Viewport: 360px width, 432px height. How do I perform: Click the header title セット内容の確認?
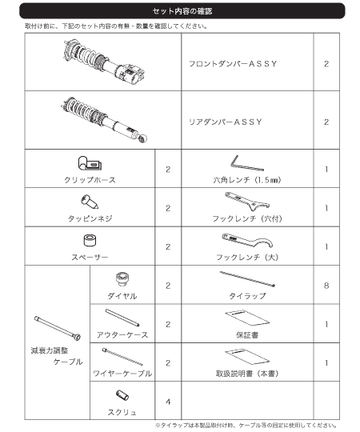pyautogui.click(x=182, y=11)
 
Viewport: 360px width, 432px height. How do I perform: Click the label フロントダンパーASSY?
pyautogui.click(x=233, y=64)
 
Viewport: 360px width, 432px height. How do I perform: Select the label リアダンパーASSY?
pyautogui.click(x=226, y=122)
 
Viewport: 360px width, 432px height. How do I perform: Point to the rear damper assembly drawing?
pyautogui.click(x=103, y=119)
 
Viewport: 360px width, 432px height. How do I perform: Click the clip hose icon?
pyautogui.click(x=90, y=163)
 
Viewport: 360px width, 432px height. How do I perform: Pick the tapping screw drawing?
pyautogui.click(x=90, y=202)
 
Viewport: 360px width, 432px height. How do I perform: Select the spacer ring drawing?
pyautogui.click(x=90, y=240)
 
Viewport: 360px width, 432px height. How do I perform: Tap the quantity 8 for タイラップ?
pyautogui.click(x=326, y=286)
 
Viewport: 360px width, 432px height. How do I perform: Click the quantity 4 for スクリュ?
pyautogui.click(x=168, y=402)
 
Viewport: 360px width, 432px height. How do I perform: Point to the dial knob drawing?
pyautogui.click(x=122, y=279)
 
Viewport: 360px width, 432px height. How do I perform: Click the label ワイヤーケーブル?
pyautogui.click(x=122, y=374)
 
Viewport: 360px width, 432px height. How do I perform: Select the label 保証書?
pyautogui.click(x=247, y=335)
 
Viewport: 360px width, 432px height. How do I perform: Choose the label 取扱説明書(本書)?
pyautogui.click(x=247, y=374)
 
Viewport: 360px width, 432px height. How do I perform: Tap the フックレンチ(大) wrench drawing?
pyautogui.click(x=247, y=240)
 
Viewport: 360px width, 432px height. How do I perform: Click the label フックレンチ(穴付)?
pyautogui.click(x=247, y=218)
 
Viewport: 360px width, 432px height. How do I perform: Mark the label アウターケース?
pyautogui.click(x=122, y=335)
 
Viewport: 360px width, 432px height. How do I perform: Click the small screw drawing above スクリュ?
pyautogui.click(x=122, y=395)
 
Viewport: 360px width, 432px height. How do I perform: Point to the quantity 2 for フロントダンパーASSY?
pyautogui.click(x=326, y=64)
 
